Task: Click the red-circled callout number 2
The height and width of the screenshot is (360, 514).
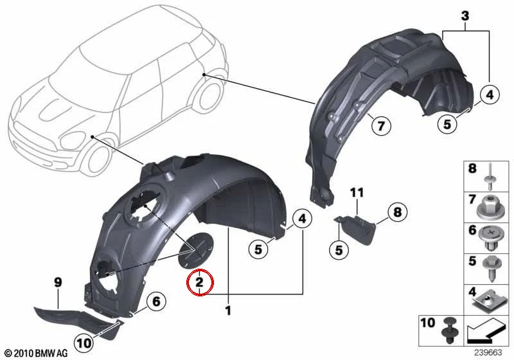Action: (200, 282)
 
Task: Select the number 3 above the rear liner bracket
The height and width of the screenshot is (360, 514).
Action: (465, 15)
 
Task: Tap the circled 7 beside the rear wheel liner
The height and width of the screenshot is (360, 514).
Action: (381, 125)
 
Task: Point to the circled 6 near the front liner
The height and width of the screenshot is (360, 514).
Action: (156, 301)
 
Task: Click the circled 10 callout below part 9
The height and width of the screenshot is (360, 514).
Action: (84, 343)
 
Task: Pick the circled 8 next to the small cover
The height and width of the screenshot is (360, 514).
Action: (397, 212)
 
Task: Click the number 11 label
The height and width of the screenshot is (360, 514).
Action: (357, 193)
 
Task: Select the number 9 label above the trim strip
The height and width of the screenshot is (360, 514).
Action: (58, 282)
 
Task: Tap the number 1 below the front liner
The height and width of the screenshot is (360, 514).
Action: (228, 310)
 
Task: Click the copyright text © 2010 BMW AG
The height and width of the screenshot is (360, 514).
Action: (37, 353)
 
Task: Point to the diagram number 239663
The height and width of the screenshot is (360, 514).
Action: (488, 352)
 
